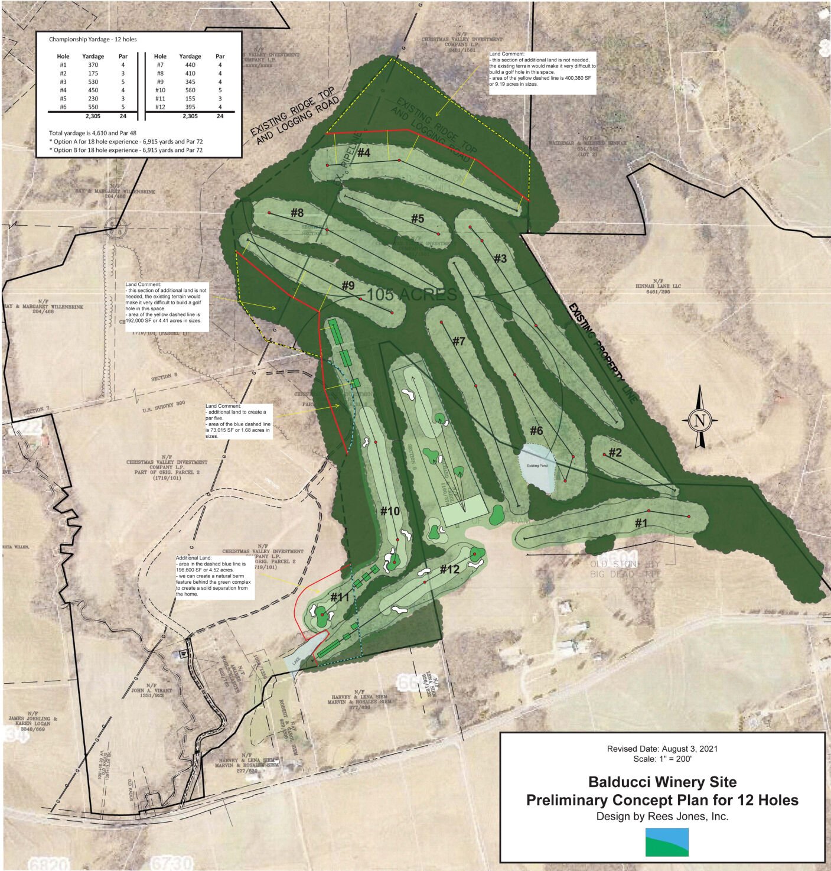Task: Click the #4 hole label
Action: (363, 153)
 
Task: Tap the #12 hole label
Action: (449, 570)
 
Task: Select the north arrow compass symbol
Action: (700, 421)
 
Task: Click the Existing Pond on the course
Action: (537, 468)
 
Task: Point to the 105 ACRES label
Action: (412, 294)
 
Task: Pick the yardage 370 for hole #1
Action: (93, 65)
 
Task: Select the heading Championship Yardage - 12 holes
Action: (93, 40)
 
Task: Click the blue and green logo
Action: (666, 841)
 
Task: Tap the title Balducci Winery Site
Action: (662, 782)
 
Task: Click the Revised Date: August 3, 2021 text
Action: (662, 748)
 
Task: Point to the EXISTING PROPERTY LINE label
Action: (602, 353)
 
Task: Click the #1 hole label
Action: (641, 523)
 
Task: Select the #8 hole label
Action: (296, 212)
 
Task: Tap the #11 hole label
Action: (340, 597)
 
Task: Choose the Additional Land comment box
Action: (216, 576)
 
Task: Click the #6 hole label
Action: (536, 431)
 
